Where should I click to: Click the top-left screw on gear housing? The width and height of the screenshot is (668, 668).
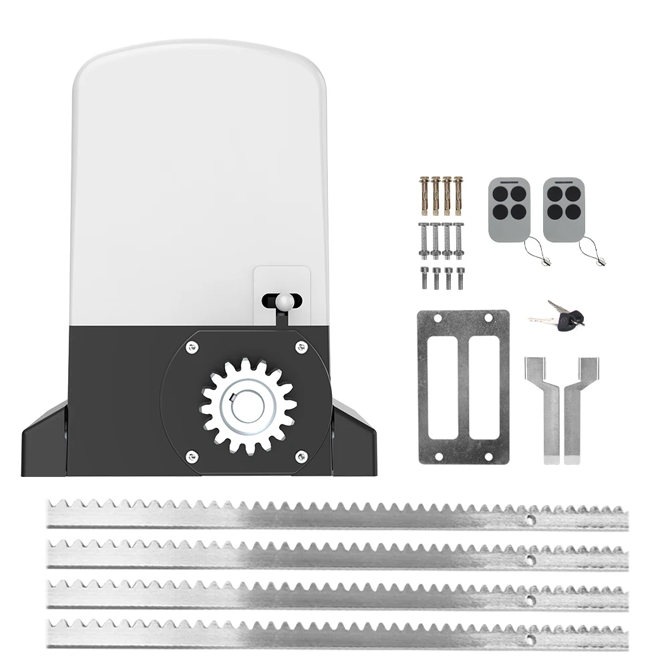[x=192, y=345]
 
